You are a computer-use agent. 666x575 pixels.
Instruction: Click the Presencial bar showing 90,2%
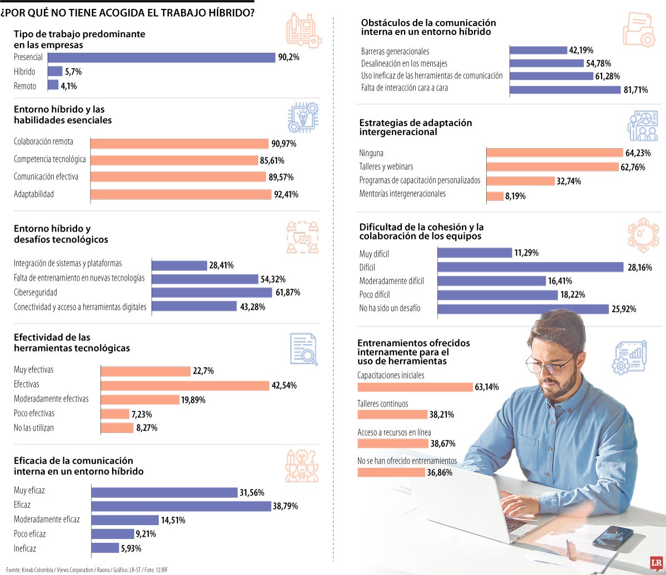click(x=162, y=58)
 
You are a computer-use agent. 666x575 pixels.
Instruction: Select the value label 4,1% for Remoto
click(x=69, y=86)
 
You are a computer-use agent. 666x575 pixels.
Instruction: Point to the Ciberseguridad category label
click(x=36, y=292)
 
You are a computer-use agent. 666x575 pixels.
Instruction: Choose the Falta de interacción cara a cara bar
click(x=565, y=90)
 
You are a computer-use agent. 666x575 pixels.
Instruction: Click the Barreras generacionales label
click(x=395, y=52)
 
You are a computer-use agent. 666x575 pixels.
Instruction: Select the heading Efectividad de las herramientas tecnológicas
click(x=72, y=343)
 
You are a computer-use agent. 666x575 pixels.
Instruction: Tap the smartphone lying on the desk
click(x=612, y=537)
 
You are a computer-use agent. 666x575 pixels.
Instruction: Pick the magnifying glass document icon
click(x=304, y=349)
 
